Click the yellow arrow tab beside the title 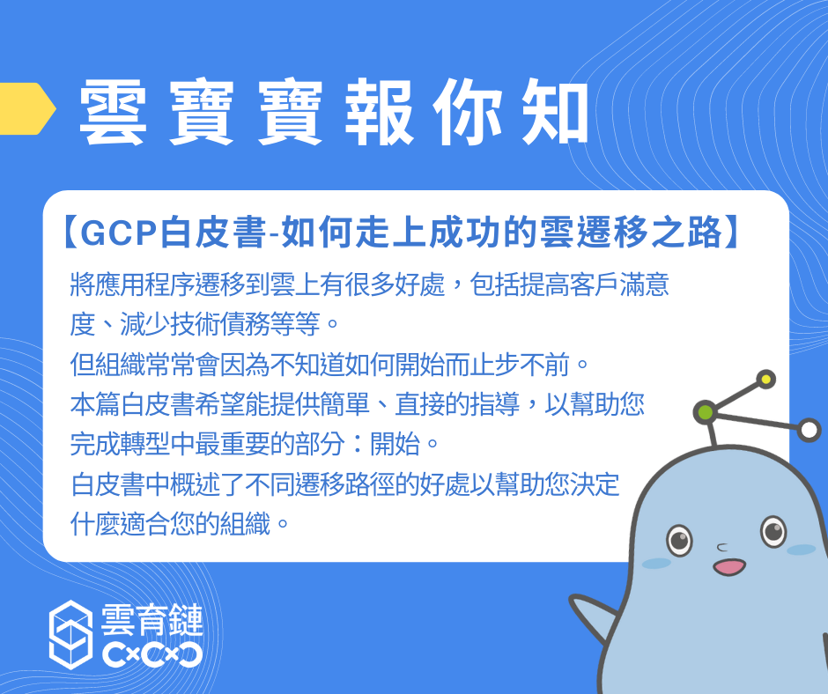pos(26,109)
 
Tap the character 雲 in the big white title pos(113,113)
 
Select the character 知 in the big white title pos(555,112)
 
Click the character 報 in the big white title pos(379,113)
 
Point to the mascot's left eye pos(680,540)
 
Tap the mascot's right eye pos(773,531)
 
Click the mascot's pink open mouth pos(729,567)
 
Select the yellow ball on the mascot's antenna pos(765,380)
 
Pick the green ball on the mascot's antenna pos(706,412)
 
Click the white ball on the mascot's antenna pos(809,430)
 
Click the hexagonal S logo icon pos(70,634)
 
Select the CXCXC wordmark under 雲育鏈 pos(152,655)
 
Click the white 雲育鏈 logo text pos(152,620)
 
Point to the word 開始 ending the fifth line pos(395,444)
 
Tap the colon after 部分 pos(358,444)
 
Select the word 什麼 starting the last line pos(95,524)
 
